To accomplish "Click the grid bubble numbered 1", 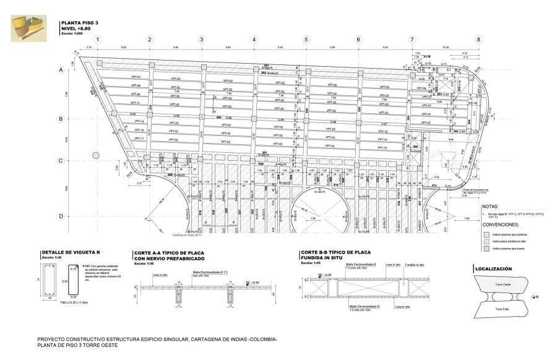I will (98, 40).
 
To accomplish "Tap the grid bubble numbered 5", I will (306, 40).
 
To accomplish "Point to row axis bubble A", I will (61, 71).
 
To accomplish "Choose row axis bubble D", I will (61, 216).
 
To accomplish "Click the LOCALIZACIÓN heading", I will (493, 269).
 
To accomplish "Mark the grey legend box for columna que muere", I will (485, 248).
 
